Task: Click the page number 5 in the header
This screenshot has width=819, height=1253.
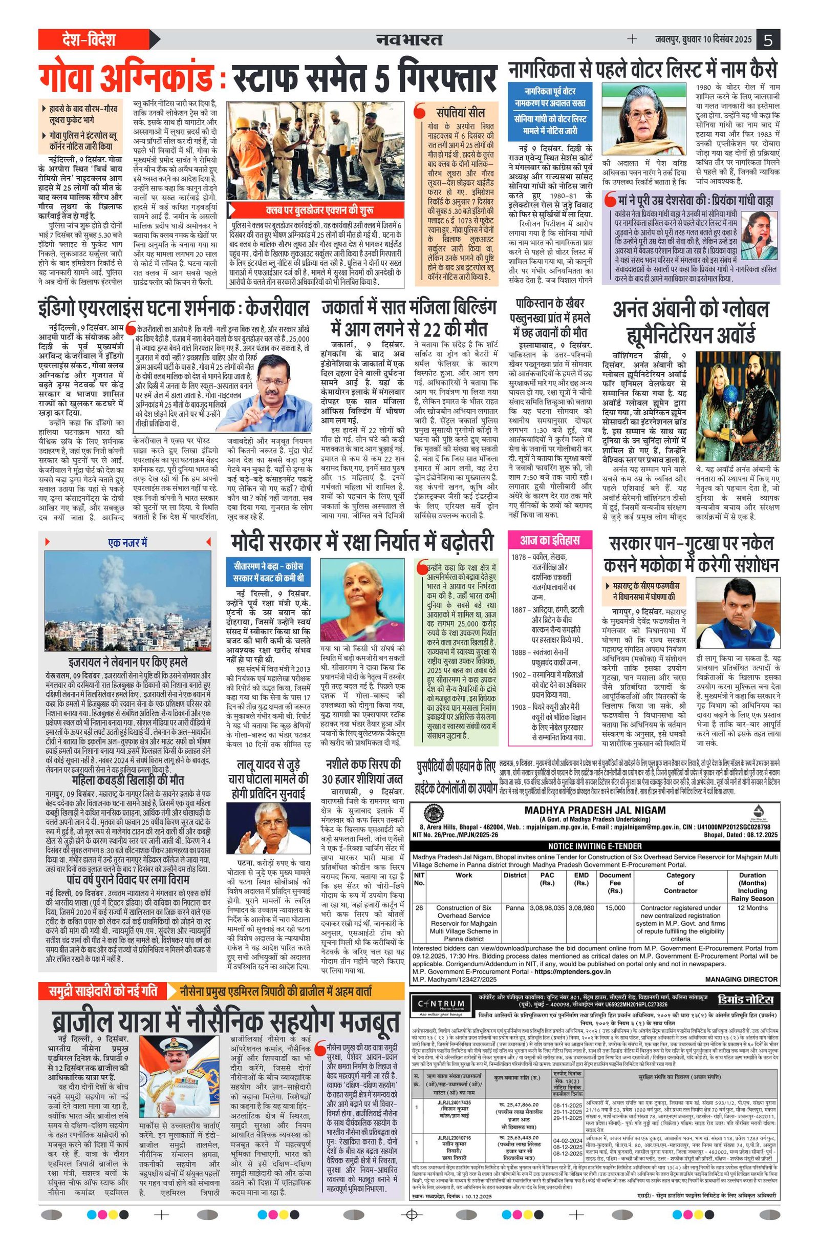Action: [768, 39]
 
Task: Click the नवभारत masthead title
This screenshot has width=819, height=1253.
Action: [409, 39]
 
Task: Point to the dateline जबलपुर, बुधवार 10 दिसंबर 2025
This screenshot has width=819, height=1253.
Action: [698, 39]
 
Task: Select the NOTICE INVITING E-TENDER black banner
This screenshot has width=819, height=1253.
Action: [594, 845]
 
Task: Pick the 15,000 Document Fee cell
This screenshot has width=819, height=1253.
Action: [615, 908]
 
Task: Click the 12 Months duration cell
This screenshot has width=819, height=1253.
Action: [752, 908]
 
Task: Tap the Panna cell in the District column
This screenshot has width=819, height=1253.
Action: [514, 908]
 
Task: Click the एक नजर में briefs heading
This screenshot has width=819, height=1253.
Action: [127, 542]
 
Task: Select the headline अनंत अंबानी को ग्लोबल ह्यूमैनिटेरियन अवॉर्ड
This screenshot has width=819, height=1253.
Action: [691, 321]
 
